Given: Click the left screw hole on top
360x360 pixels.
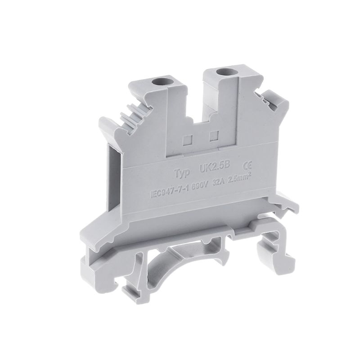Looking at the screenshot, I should (158, 82).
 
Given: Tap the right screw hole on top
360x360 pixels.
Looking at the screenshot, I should (221, 72).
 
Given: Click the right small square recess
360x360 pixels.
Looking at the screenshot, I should (215, 135).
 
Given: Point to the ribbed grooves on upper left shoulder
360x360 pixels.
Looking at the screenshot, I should (135, 112).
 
